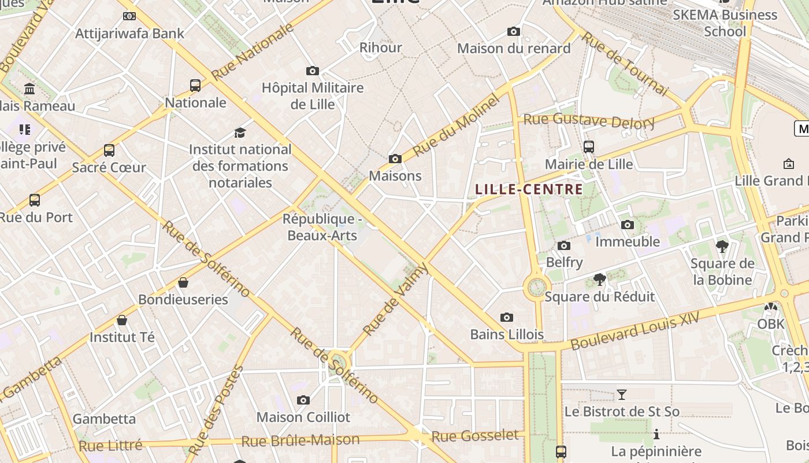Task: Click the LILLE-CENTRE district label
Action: pos(529,189)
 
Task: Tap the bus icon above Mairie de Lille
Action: pos(589,147)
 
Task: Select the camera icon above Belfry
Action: pos(564,246)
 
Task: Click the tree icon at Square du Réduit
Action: pos(600,280)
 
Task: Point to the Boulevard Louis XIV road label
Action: pos(634,330)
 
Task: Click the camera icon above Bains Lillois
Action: pos(507,317)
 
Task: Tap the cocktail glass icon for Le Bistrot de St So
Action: pos(622,395)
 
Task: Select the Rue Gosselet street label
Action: pos(475,436)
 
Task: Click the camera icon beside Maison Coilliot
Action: pos(303,400)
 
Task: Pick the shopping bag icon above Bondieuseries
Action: pos(183,282)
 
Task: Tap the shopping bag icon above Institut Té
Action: pos(122,320)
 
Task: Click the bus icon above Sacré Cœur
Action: pos(109,150)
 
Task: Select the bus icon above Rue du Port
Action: pos(35,200)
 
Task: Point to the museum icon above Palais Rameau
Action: pos(29,89)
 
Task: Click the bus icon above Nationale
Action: pos(195,86)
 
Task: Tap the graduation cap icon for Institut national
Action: pos(240,133)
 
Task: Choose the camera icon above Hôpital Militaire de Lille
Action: pos(313,71)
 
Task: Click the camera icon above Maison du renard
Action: pos(514,31)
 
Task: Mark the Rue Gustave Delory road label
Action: pos(589,121)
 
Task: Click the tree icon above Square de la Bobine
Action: pos(722,247)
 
